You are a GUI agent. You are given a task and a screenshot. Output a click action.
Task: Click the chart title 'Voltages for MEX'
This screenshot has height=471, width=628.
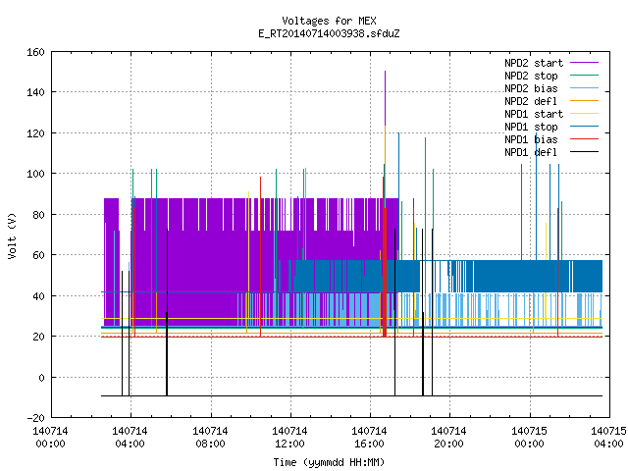329,21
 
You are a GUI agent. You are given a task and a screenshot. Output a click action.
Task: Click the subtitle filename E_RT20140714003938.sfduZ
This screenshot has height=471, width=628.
329,33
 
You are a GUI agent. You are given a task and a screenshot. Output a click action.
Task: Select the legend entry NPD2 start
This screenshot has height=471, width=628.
551,63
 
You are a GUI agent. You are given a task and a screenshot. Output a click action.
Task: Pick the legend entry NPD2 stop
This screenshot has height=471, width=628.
551,76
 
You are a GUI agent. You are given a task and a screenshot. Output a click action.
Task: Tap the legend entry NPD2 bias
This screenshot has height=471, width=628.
551,88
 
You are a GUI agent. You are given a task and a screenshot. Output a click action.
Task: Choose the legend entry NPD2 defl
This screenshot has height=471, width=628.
551,101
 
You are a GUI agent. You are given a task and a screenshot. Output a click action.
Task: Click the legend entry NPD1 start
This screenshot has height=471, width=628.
551,114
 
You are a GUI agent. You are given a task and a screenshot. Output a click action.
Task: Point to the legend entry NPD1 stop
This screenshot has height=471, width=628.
551,127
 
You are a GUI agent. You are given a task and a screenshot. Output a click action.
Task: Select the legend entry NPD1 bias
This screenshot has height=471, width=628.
551,139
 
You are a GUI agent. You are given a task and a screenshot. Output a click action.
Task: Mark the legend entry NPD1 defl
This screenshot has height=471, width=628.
551,152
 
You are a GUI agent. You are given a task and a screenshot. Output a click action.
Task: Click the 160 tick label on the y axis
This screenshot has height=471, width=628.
35,52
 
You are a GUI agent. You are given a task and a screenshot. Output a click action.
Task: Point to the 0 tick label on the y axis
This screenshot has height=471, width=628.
41,377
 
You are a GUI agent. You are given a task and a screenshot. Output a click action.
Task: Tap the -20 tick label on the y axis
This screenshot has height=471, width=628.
35,418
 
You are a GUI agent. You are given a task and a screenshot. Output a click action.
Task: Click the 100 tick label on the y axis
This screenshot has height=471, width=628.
35,174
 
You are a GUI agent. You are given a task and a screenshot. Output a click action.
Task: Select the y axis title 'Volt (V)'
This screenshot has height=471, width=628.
12,235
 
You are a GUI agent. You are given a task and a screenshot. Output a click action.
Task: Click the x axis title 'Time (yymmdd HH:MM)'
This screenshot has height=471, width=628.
329,462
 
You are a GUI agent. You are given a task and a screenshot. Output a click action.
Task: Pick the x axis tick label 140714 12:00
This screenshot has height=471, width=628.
289,438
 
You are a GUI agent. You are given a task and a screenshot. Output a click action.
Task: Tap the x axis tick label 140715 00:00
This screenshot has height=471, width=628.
529,438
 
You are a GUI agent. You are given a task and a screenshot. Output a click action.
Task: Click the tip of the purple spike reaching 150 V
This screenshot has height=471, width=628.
386,72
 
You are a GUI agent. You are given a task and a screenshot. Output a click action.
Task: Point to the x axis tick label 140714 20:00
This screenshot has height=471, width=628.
448,438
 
